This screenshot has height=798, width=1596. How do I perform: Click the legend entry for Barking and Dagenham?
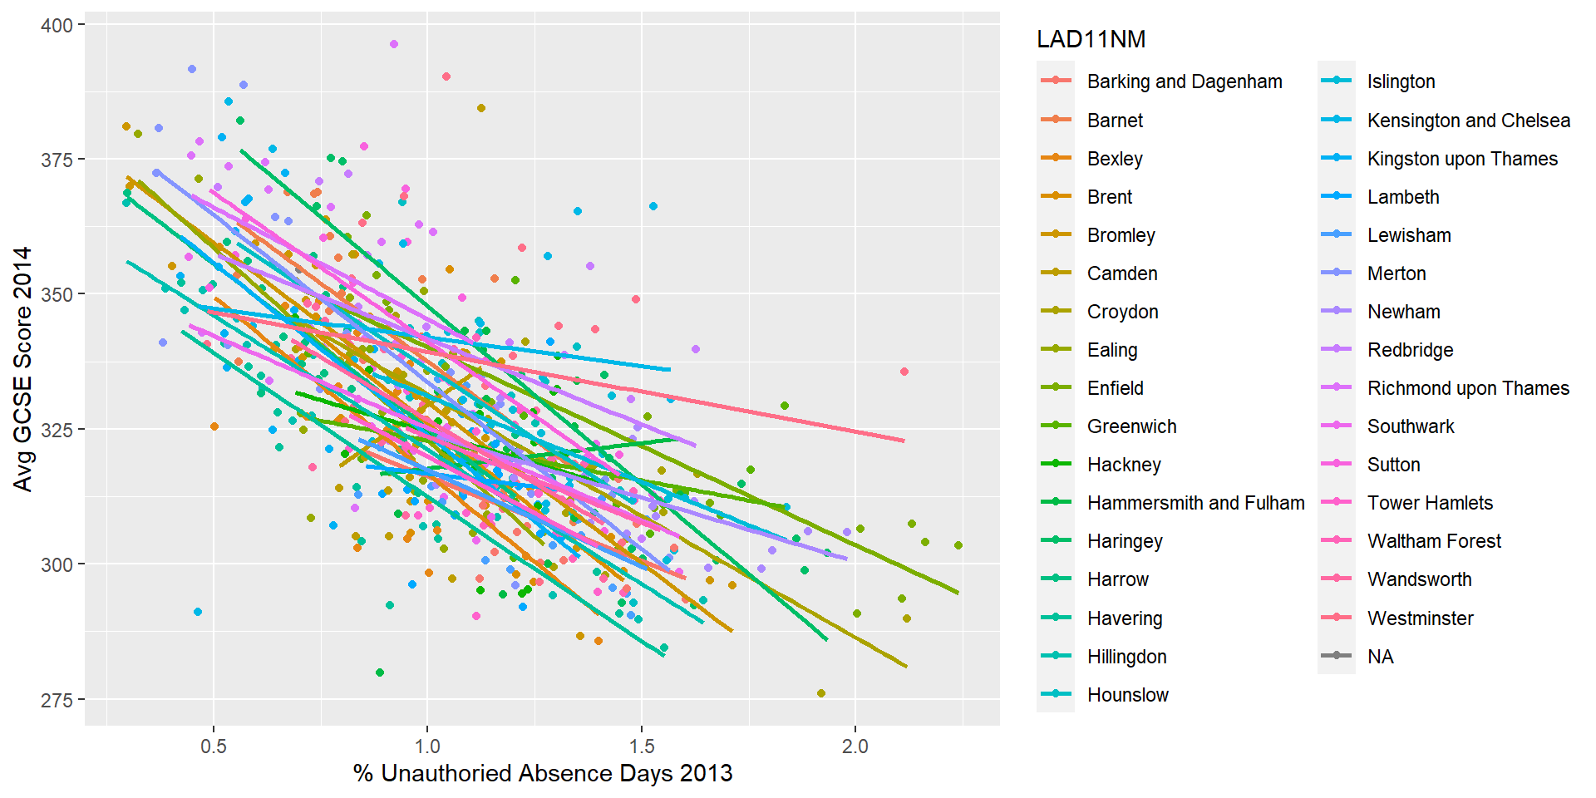pyautogui.click(x=1184, y=81)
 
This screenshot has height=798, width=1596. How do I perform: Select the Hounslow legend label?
pyautogui.click(x=1127, y=695)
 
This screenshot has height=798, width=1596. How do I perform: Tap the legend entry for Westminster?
pyautogui.click(x=1420, y=618)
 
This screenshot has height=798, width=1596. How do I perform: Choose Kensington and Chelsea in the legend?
pyautogui.click(x=1468, y=121)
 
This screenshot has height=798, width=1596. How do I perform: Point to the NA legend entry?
pyautogui.click(x=1380, y=657)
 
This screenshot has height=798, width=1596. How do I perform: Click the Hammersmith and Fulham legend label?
pyautogui.click(x=1195, y=503)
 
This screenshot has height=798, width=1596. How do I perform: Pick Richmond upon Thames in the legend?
pyautogui.click(x=1468, y=388)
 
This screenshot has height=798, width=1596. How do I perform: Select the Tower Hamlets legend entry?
pyautogui.click(x=1430, y=503)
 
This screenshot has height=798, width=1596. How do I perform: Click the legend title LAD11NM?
pyautogui.click(x=1091, y=39)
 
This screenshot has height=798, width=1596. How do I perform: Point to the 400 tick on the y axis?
pyautogui.click(x=57, y=25)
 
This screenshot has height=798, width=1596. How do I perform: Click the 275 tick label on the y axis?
pyautogui.click(x=57, y=700)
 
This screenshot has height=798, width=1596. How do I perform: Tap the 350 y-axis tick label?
pyautogui.click(x=57, y=294)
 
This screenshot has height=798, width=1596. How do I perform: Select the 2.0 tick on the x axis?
pyautogui.click(x=855, y=746)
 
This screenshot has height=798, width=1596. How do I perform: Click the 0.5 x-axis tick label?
pyautogui.click(x=214, y=746)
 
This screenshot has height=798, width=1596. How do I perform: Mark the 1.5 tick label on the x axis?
pyautogui.click(x=641, y=746)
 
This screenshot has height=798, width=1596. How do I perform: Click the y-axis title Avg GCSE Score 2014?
pyautogui.click(x=22, y=368)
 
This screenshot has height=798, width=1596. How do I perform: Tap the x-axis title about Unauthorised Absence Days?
pyautogui.click(x=542, y=774)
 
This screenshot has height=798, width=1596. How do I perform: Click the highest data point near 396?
pyautogui.click(x=394, y=44)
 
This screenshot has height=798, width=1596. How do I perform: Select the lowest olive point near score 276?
pyautogui.click(x=821, y=693)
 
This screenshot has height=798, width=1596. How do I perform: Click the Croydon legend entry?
pyautogui.click(x=1122, y=312)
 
